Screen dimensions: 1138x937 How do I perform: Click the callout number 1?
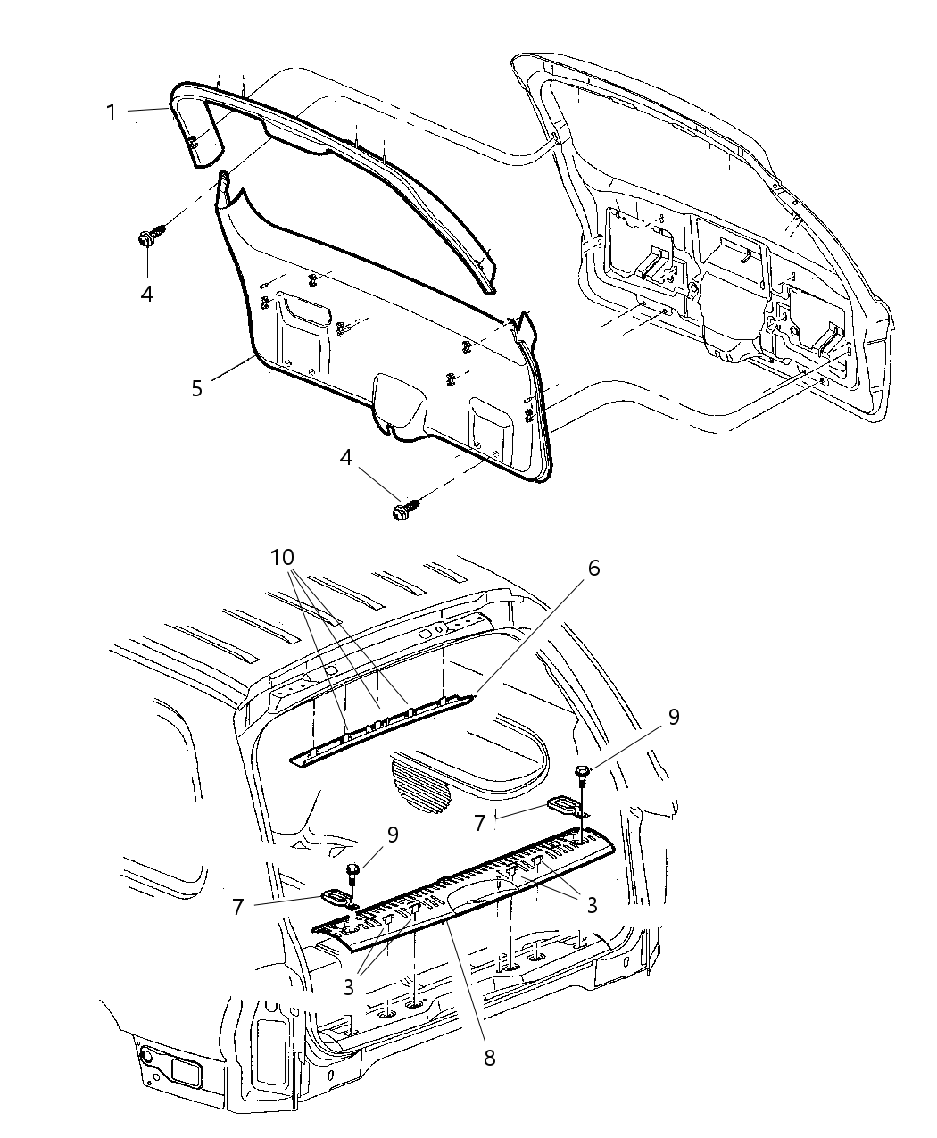coord(112,112)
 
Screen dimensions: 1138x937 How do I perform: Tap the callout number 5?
coord(196,388)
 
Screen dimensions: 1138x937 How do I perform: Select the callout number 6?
coord(593,569)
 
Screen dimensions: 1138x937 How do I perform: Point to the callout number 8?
coord(489,1058)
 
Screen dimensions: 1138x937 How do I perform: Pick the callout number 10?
coord(283,557)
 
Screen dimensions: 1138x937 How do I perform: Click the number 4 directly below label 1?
coord(146,293)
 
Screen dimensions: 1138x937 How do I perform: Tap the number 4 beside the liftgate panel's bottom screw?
coord(346,458)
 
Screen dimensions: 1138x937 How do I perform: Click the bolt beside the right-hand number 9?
coord(582,773)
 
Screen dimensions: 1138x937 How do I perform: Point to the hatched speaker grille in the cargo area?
coord(420,782)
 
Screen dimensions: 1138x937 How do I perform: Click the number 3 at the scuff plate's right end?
coord(592,905)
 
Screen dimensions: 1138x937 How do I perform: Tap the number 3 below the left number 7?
coord(349,987)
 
